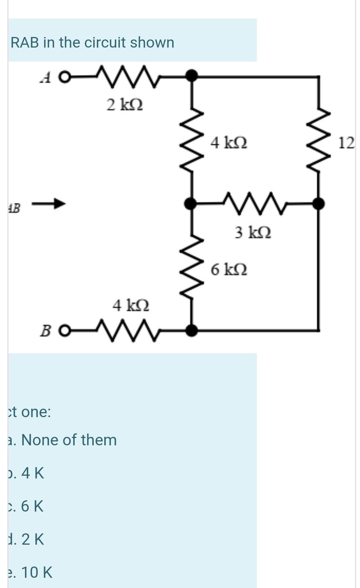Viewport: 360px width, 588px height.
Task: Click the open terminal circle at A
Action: point(64,78)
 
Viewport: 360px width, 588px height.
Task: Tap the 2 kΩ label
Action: point(125,105)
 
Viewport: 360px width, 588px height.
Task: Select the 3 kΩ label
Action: point(253,233)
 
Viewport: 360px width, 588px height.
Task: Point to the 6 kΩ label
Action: point(229,270)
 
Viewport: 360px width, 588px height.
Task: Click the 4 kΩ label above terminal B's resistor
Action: point(131,305)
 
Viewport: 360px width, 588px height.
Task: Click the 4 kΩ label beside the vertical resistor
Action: point(229,143)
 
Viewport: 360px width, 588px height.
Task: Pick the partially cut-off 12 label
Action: point(347,143)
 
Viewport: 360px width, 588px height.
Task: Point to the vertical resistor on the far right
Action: point(319,139)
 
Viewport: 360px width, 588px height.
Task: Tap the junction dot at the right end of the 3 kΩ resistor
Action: point(319,203)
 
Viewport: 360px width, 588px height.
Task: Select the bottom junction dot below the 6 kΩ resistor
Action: point(191,330)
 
